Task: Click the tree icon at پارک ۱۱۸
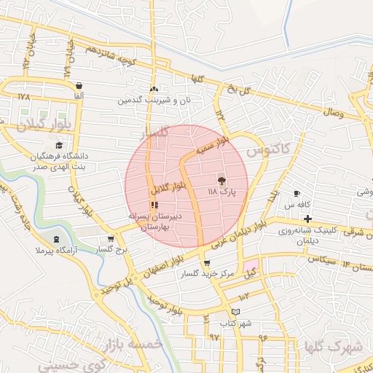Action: [221, 180]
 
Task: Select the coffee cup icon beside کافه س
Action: [297, 193]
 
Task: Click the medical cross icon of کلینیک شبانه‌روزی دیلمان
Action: [308, 219]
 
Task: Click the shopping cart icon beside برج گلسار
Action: [110, 238]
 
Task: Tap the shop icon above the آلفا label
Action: [78, 85]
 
